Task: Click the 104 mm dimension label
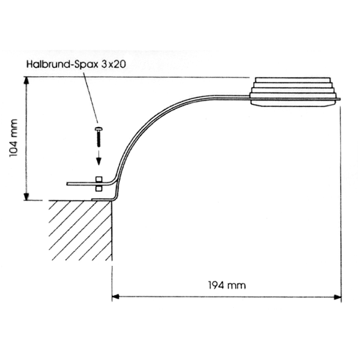coord(14,138)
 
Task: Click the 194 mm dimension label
coord(227,285)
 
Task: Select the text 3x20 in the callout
coord(113,64)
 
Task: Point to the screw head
coord(99,129)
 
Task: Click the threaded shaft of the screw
coord(99,139)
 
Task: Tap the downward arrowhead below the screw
coord(98,162)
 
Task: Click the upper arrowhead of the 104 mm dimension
coord(26,81)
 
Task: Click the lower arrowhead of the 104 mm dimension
coord(26,196)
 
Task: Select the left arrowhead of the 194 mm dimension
coord(115,297)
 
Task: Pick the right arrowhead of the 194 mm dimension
coord(337,297)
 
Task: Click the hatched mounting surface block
coord(81,230)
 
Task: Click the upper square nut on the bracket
coord(99,180)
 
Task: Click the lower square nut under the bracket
coord(99,188)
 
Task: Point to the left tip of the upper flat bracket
coord(67,184)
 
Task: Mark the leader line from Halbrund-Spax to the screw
coord(91,96)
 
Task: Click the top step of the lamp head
coord(292,79)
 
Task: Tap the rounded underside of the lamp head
coord(294,103)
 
